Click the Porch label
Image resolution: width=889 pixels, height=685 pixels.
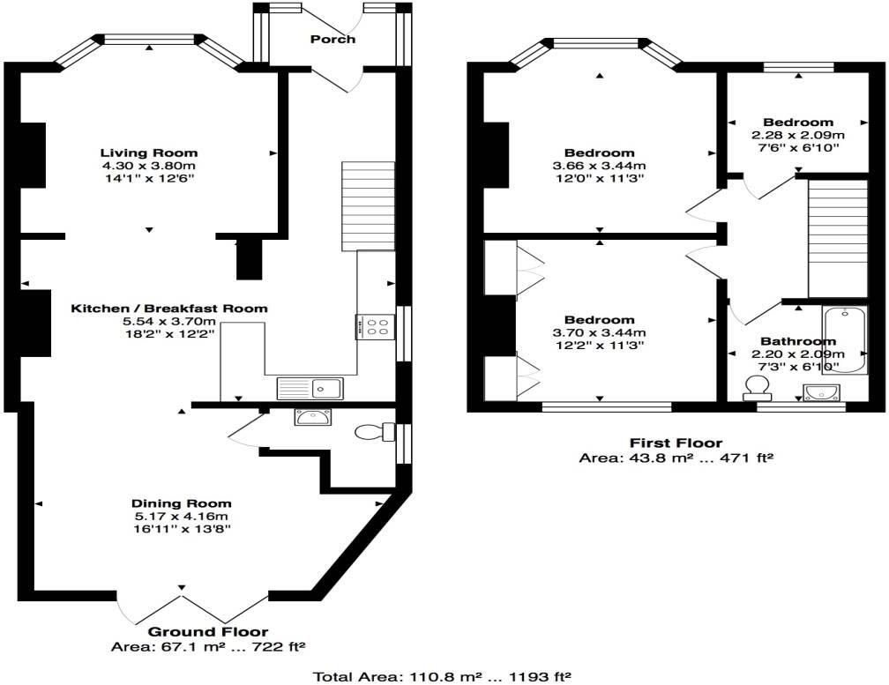pyautogui.click(x=333, y=39)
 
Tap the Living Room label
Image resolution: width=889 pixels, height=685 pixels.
pyautogui.click(x=148, y=153)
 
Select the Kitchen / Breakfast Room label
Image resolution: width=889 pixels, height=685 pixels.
pyautogui.click(x=169, y=309)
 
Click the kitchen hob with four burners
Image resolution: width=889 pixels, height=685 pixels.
pyautogui.click(x=376, y=327)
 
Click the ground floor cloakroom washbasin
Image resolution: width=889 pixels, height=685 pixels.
pyautogui.click(x=312, y=417)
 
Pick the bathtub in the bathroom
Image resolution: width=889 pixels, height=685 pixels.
pyautogui.click(x=845, y=340)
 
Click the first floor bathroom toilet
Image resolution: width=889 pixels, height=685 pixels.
pyautogui.click(x=757, y=388)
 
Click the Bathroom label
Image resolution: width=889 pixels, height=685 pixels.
pyautogui.click(x=798, y=341)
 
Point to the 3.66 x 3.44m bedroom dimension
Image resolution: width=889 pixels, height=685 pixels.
pyautogui.click(x=600, y=166)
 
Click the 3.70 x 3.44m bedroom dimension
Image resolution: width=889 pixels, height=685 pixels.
pyautogui.click(x=600, y=332)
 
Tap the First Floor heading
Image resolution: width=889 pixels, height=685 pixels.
pyautogui.click(x=676, y=443)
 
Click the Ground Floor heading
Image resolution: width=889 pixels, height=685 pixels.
pyautogui.click(x=208, y=631)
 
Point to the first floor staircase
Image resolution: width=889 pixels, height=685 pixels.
pyautogui.click(x=838, y=238)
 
